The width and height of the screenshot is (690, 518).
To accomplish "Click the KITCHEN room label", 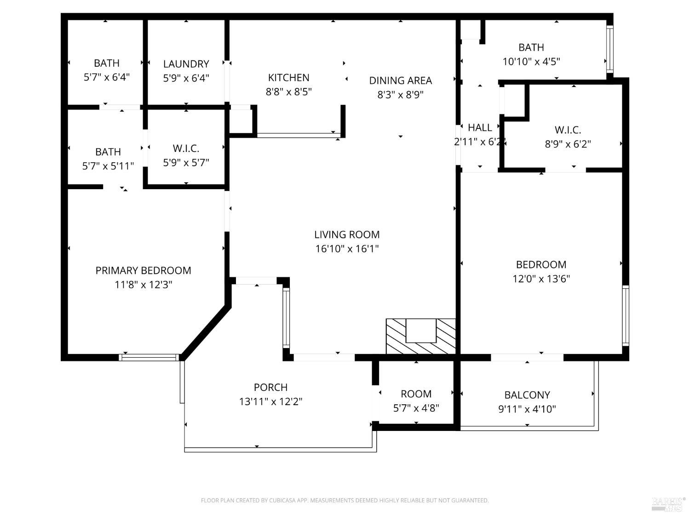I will [288, 77].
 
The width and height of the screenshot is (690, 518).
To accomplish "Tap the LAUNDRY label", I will [186, 64].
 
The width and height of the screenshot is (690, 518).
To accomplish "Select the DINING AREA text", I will [400, 81].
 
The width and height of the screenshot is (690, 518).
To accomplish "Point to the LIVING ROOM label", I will [347, 234].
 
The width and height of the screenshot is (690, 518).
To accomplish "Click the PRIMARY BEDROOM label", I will [143, 270].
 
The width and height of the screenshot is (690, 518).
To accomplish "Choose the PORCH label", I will [270, 387].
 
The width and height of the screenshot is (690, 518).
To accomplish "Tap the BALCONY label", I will [527, 395].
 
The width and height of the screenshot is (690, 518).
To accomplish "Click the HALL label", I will [480, 128].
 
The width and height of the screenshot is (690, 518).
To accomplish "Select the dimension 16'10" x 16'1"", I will [347, 249].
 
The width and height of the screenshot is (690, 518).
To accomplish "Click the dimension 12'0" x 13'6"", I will [541, 279].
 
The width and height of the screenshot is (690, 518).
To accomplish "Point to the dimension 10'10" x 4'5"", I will [531, 61].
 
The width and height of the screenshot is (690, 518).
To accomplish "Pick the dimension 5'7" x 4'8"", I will [416, 408].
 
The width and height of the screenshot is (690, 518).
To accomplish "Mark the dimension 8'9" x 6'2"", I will [568, 144].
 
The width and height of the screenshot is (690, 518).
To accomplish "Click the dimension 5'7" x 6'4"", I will [106, 77].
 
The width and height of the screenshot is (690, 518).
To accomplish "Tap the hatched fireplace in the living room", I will [421, 336].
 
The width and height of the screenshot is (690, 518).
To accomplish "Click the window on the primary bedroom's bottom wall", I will [149, 357].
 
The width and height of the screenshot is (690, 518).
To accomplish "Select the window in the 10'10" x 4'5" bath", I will [610, 49].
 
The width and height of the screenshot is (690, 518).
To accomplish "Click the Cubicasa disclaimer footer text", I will [345, 501].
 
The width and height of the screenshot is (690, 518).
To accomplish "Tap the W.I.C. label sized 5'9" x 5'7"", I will [186, 148].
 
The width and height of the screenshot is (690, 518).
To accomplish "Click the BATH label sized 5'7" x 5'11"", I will [108, 151].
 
